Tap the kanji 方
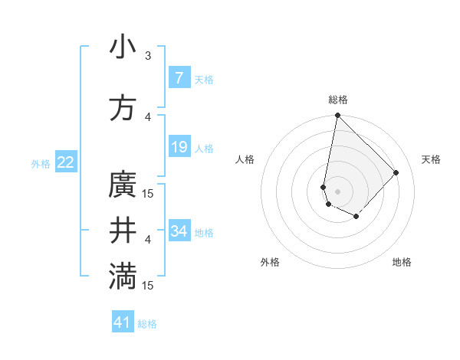[123, 108]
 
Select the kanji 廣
[123, 185]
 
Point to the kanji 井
[123, 231]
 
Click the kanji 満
[123, 277]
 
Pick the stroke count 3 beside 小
[148, 55]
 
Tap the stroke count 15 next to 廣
[149, 194]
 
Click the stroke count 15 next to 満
[149, 286]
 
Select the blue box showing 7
[179, 77]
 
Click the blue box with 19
[179, 147]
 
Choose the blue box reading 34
[179, 231]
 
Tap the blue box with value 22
[65, 162]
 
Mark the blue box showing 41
[123, 322]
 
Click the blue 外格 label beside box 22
[41, 163]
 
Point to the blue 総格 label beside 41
[147, 324]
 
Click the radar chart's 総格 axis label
[337, 100]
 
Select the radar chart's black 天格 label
[431, 159]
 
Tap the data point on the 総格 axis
[337, 116]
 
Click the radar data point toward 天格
[396, 172]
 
